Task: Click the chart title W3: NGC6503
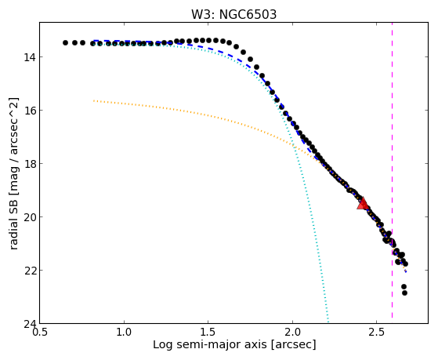coord(233,14)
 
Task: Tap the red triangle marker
coord(363,204)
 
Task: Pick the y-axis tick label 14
coord(30,57)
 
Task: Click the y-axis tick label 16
coord(30,111)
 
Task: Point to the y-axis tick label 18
coord(30,164)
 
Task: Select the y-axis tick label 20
coord(30,216)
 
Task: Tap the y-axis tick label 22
coord(30,271)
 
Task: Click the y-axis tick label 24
coord(30,324)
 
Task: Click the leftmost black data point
coord(65,43)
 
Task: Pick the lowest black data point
coord(404,293)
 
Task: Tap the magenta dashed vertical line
coord(393,170)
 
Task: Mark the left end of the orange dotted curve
coord(94,100)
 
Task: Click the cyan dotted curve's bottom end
coord(328,322)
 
